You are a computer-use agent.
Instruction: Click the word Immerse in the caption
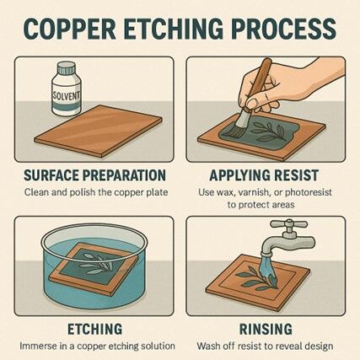pyautogui.click(x=40, y=347)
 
